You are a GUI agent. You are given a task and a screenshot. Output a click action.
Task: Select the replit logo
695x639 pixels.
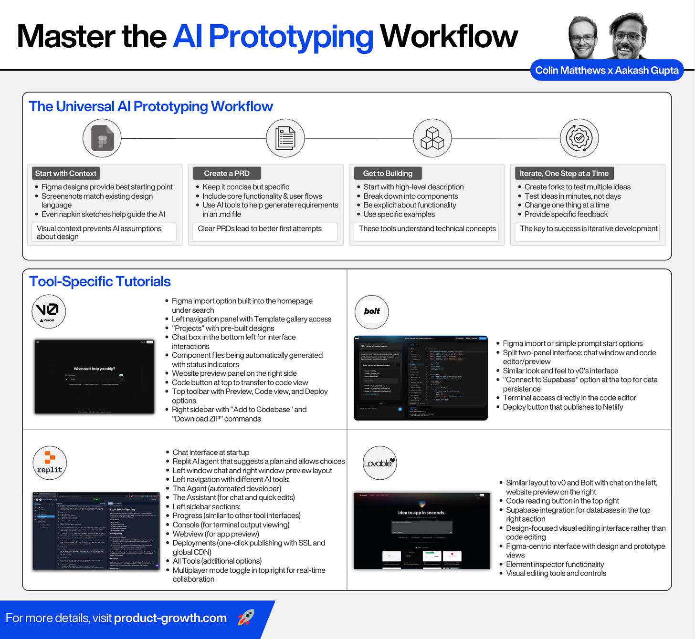tap(50, 463)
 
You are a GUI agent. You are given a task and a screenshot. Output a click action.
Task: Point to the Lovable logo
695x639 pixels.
tap(379, 463)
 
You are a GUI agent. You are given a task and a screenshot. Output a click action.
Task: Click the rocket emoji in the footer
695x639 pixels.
tap(246, 617)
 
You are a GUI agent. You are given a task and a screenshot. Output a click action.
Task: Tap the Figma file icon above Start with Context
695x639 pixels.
tap(102, 138)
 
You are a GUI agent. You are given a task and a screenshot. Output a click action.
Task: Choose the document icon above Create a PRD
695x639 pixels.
tap(285, 138)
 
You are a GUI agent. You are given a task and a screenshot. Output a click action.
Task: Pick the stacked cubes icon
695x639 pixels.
tap(432, 138)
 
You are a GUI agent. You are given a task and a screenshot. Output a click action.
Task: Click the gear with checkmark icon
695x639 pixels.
tap(579, 138)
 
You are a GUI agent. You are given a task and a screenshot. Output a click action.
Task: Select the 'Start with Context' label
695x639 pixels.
tap(66, 174)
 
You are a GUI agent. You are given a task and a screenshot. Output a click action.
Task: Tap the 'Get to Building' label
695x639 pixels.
tap(388, 174)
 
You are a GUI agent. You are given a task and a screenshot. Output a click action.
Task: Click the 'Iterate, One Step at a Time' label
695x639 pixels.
tap(564, 174)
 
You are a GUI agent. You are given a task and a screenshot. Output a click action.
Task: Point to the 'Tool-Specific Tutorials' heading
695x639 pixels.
tap(100, 282)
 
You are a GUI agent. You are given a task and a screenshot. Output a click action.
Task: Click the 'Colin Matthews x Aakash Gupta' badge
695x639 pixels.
tap(607, 71)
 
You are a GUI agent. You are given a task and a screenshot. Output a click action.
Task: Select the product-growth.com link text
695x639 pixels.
tap(170, 618)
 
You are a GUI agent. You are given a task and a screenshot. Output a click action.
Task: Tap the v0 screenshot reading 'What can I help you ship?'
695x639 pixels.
tap(95, 376)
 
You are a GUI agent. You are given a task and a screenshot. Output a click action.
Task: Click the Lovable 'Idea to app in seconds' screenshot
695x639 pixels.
tap(422, 530)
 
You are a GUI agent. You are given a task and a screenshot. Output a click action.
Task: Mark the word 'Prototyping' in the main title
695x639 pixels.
tap(291, 37)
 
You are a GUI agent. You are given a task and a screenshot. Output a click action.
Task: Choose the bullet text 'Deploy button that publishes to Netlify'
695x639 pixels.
tap(563, 407)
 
